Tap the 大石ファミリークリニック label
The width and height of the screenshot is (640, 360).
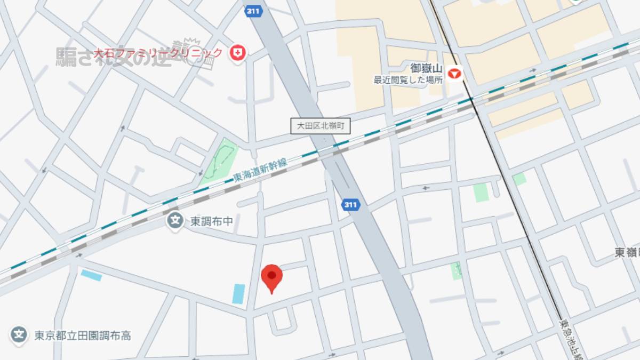click(x=158, y=53)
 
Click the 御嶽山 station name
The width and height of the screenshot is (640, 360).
click(x=427, y=69)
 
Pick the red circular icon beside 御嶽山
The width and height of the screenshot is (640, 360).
click(x=454, y=73)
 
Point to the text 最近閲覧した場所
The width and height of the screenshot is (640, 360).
click(x=408, y=80)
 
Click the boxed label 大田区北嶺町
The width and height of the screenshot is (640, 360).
click(x=320, y=126)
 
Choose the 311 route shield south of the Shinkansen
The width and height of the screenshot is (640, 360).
click(x=350, y=205)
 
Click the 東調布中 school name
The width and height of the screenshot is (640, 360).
click(x=211, y=221)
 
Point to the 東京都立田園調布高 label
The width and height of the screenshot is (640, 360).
click(x=83, y=335)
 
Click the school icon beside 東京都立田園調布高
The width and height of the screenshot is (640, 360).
click(x=19, y=335)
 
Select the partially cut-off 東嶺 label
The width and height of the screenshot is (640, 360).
click(x=627, y=253)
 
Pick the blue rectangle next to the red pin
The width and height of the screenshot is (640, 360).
click(x=238, y=294)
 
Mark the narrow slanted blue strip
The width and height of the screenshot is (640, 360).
click(x=91, y=275)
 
